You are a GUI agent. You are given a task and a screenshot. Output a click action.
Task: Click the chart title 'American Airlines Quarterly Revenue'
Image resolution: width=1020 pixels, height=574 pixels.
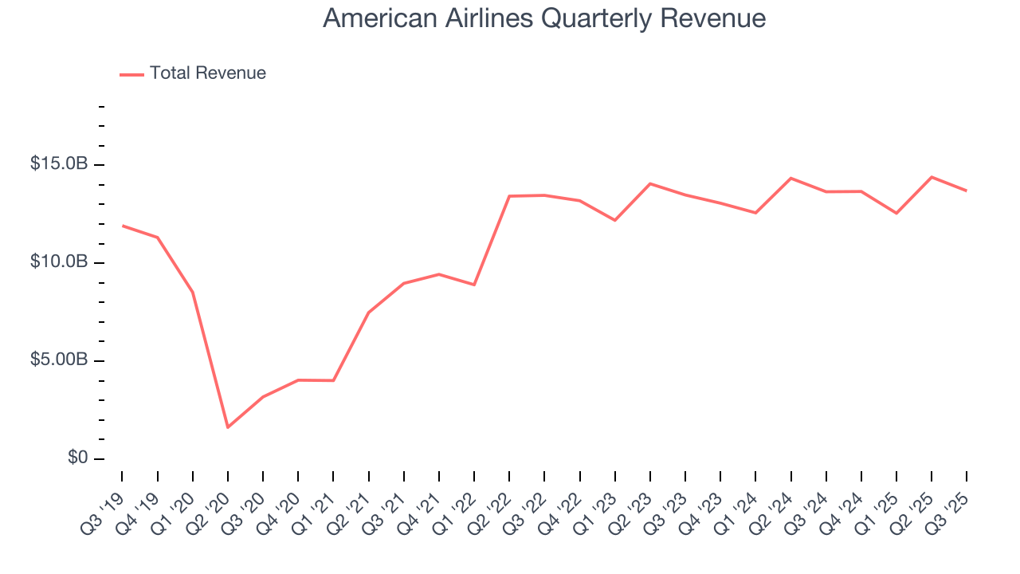pyautogui.click(x=544, y=19)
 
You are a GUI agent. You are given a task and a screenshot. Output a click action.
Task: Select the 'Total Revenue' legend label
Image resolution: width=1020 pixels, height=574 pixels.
pyautogui.click(x=207, y=73)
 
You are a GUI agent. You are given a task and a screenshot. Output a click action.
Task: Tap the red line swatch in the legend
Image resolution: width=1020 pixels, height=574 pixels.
pyautogui.click(x=131, y=74)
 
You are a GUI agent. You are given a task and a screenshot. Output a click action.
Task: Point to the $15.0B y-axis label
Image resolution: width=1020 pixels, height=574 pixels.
pyautogui.click(x=59, y=164)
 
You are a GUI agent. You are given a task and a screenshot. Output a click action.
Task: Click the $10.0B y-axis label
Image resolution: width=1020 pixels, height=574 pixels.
pyautogui.click(x=59, y=262)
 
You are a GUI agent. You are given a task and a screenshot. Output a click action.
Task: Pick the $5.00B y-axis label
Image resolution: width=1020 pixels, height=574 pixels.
pyautogui.click(x=59, y=360)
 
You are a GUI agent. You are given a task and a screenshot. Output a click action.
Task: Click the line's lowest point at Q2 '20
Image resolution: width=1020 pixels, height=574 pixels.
pyautogui.click(x=228, y=427)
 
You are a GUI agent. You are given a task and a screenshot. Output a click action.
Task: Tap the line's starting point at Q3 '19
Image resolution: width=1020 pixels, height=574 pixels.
pyautogui.click(x=122, y=226)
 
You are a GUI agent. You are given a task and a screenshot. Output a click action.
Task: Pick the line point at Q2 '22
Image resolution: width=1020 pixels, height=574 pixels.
pyautogui.click(x=509, y=196)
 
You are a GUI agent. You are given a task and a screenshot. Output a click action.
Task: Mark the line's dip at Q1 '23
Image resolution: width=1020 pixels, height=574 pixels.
pyautogui.click(x=614, y=220)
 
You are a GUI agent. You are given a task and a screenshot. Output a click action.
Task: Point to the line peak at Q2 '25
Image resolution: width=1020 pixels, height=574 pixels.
pyautogui.click(x=932, y=177)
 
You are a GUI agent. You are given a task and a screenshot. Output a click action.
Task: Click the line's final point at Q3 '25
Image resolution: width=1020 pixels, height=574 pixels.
pyautogui.click(x=967, y=191)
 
